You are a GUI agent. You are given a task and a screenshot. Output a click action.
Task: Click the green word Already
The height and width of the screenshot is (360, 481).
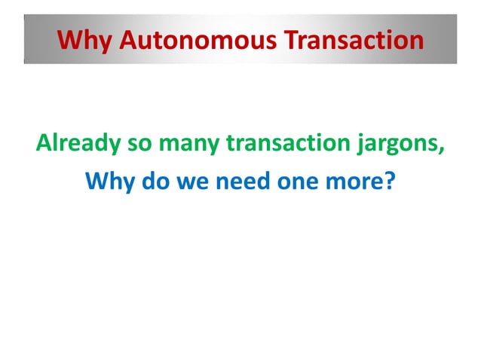coord(75,142)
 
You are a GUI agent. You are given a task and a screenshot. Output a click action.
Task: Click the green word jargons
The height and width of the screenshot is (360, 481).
coord(394,142)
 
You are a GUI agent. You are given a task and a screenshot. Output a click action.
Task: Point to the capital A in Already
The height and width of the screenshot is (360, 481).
coord(44,142)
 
